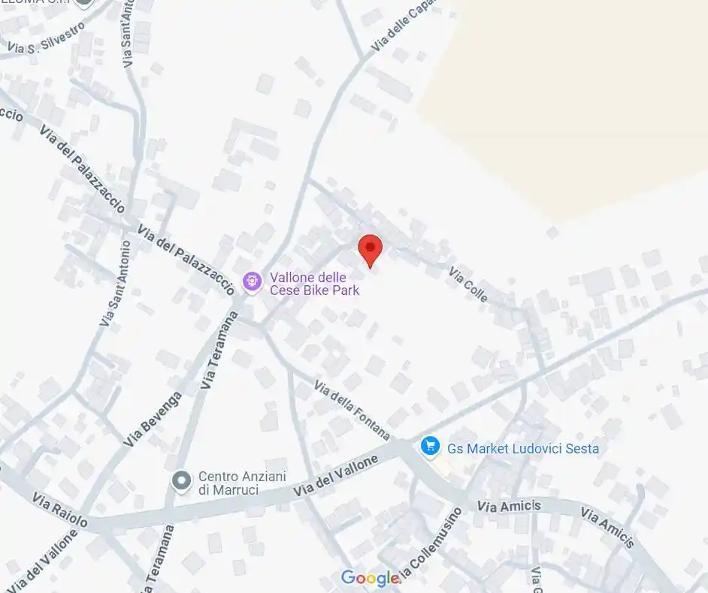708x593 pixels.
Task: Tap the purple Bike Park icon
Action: click(252, 282)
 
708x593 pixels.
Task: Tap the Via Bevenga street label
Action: click(153, 420)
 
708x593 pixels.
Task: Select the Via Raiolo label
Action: click(60, 510)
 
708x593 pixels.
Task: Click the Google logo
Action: click(371, 578)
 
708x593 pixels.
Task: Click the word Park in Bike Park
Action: click(343, 290)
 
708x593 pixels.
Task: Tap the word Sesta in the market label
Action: click(582, 449)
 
